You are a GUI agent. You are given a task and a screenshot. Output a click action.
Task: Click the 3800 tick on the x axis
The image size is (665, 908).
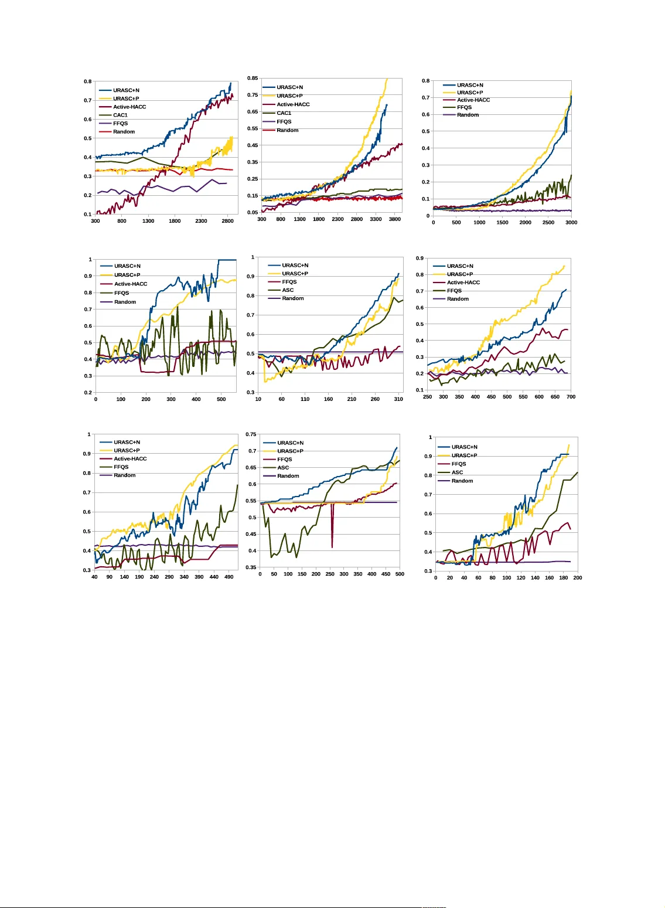pos(395,219)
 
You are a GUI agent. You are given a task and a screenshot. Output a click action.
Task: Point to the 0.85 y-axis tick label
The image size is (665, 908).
pos(252,78)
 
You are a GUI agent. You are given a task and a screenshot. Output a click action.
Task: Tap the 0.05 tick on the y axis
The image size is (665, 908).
pos(252,212)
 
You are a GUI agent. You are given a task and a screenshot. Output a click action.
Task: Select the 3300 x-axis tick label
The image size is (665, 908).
pos(376,219)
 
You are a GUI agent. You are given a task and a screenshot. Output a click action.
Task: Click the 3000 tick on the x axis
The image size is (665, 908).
pos(571,222)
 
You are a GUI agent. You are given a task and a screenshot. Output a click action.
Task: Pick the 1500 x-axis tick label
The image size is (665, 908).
pos(502,222)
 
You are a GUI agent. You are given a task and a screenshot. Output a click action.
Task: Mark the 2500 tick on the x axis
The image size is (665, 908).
pos(548,222)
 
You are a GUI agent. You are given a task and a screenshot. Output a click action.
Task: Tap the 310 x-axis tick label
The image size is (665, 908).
pos(398,399)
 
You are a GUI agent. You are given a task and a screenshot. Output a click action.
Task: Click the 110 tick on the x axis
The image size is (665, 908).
pos(305,399)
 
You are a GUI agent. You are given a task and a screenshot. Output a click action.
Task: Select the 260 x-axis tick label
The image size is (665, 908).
pos(375,399)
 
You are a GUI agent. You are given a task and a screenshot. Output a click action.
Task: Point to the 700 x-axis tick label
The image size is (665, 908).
pos(571,397)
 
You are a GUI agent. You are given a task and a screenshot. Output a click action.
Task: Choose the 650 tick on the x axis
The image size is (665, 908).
pos(555,397)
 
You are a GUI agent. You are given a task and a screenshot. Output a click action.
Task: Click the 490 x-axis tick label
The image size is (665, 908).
pos(229,577)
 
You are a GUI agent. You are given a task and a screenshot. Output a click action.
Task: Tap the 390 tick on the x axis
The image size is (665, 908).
pos(199,577)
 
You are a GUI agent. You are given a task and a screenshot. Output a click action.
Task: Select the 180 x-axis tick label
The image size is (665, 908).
pos(564,577)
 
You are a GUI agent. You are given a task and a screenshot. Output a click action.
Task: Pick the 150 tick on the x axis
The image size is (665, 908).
pos(302,574)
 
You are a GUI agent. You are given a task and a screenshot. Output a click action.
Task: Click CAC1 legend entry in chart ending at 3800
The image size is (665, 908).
pos(284,113)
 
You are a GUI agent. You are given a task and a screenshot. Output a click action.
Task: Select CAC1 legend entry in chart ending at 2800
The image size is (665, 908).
pos(120,115)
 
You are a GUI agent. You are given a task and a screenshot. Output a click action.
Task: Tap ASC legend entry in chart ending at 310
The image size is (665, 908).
pos(288,290)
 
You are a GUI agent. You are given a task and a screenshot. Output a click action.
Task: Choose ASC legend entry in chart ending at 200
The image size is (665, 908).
pos(457,472)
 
